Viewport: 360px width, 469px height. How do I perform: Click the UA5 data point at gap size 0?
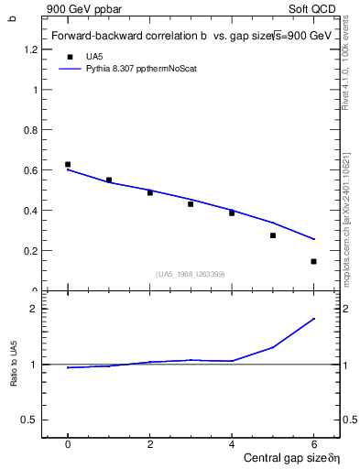68,164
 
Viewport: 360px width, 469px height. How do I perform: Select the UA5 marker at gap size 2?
150,192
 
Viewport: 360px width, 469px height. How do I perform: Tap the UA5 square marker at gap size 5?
273,235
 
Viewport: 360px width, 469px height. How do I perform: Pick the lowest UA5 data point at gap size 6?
313,261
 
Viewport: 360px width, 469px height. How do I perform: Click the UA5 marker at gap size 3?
191,203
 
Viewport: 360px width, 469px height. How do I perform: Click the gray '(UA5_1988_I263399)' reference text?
191,274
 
